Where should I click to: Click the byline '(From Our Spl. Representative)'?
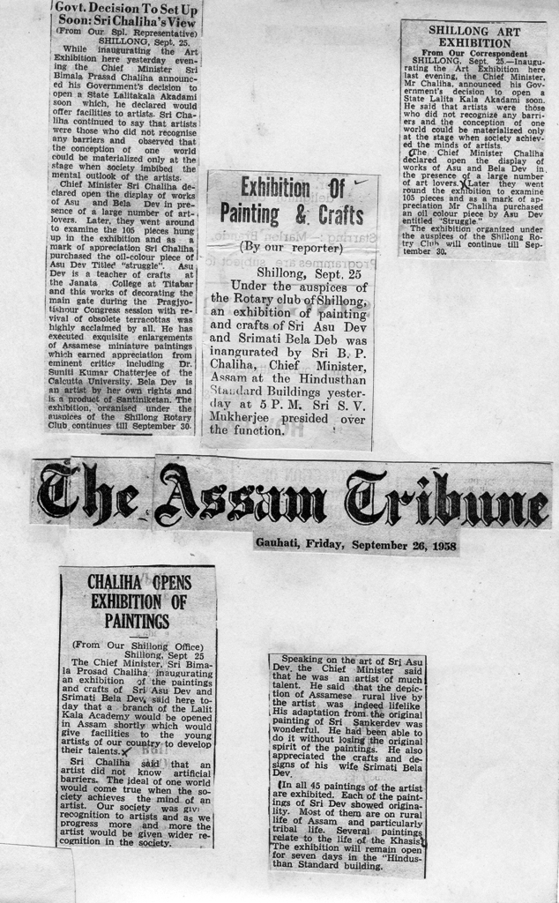126,31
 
